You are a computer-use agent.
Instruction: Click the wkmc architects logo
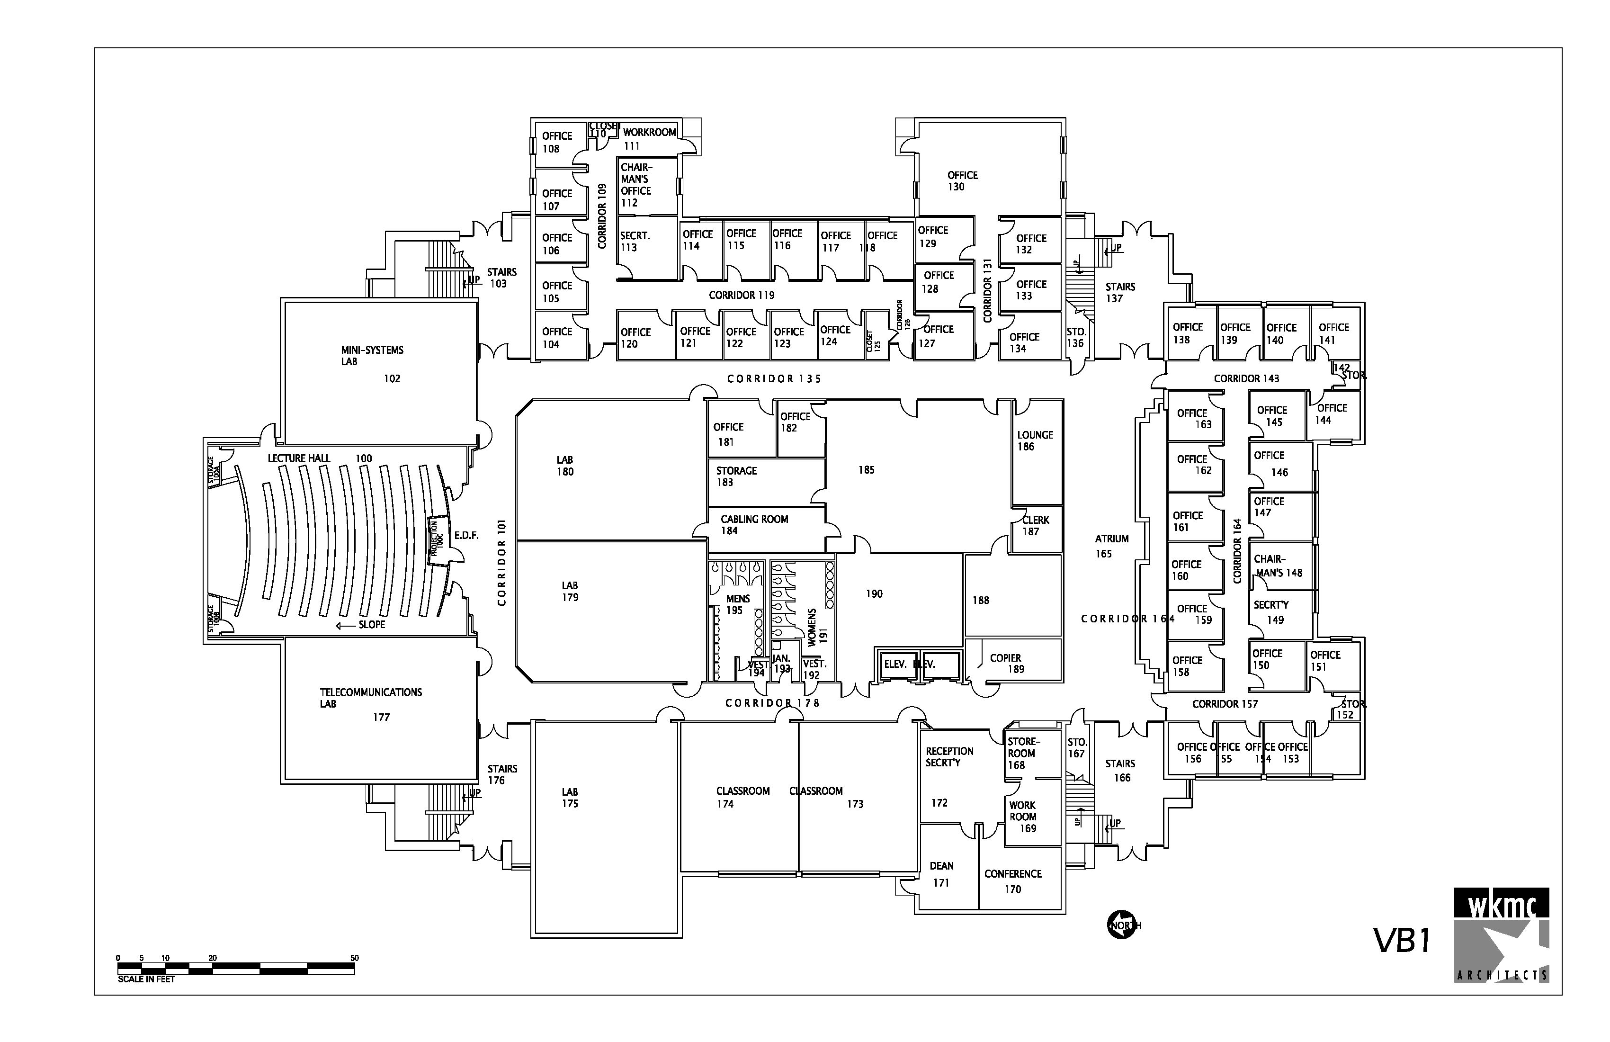pyautogui.click(x=1501, y=944)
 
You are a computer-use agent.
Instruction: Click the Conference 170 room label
pyautogui.click(x=1013, y=881)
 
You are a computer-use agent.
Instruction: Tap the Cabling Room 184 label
pyautogui.click(x=753, y=524)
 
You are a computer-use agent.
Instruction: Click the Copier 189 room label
pyautogui.click(x=1006, y=663)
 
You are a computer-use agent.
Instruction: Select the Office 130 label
pyautogui.click(x=961, y=180)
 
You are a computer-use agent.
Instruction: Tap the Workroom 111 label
pyautogui.click(x=649, y=138)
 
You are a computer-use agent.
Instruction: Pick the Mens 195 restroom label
pyautogui.click(x=737, y=604)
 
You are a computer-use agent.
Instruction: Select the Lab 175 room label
pyautogui.click(x=570, y=798)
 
